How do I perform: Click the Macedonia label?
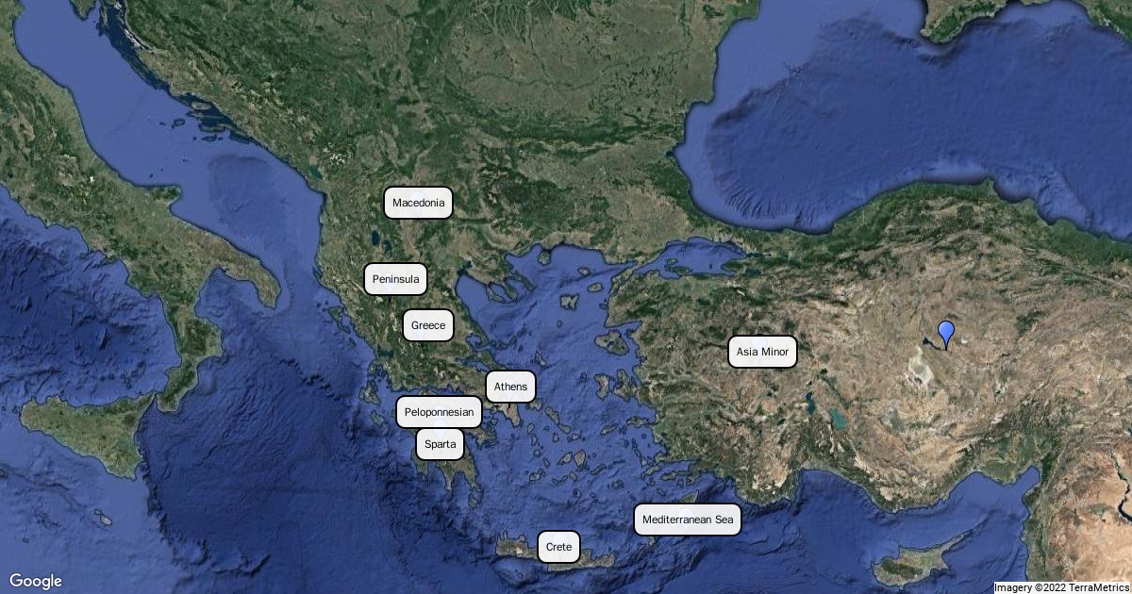(x=418, y=203)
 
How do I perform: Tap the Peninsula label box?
(x=395, y=279)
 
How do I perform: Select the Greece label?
(x=428, y=325)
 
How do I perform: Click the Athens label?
(x=510, y=387)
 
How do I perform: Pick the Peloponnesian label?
(x=440, y=412)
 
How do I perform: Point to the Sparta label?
(x=440, y=444)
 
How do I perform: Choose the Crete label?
(x=558, y=547)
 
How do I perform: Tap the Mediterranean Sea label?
(x=687, y=520)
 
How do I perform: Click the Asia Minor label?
(x=762, y=352)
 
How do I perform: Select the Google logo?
(x=36, y=581)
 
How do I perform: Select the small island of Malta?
(x=100, y=518)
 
